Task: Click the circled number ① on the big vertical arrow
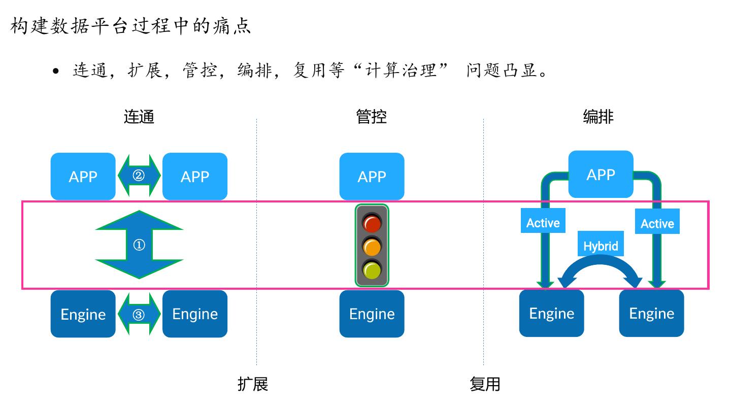pos(139,245)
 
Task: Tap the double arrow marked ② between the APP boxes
pos(139,176)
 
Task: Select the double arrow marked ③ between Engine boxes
pos(139,315)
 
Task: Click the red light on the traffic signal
pos(372,223)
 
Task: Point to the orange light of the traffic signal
pos(372,247)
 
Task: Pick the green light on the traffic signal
pos(372,270)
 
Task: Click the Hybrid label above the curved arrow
pos(601,246)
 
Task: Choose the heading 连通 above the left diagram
pos(139,117)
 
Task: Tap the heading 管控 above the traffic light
pos(372,117)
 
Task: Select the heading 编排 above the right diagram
pos(599,117)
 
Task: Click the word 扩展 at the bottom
pos(253,384)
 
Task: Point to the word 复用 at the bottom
pos(485,384)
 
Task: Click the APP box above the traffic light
pos(372,176)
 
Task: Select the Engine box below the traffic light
pos(372,314)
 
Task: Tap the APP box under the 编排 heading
pos(601,175)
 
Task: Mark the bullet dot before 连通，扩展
pos(56,71)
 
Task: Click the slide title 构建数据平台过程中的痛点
pos(131,25)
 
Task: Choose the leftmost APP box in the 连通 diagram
pos(83,176)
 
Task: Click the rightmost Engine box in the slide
pos(651,313)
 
